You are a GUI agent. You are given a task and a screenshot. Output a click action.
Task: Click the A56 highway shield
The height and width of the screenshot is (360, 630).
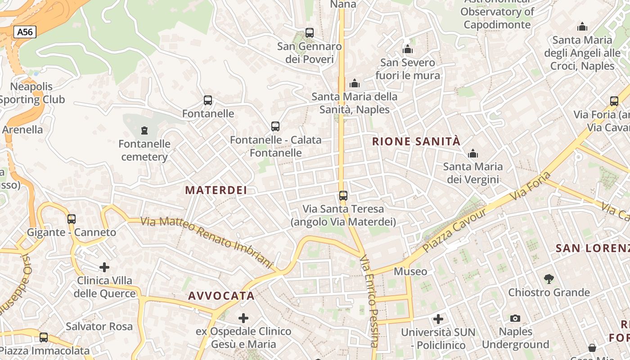coord(25,32)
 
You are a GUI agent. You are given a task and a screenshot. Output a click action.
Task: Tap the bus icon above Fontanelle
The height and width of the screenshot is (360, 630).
coord(207,100)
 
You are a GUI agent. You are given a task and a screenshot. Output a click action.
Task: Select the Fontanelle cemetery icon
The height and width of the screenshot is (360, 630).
coord(144,130)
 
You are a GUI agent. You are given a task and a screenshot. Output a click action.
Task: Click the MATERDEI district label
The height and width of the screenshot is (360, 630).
coord(216,190)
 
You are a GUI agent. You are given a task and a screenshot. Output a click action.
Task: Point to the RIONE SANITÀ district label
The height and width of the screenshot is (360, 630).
coord(416,141)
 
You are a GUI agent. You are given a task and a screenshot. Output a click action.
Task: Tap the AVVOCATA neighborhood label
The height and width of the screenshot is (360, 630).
coord(221,296)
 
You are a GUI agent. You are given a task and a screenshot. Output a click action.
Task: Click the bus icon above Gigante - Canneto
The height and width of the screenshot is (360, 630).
coord(72,219)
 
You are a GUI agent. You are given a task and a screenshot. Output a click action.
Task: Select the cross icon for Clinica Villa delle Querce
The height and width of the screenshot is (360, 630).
coord(104,267)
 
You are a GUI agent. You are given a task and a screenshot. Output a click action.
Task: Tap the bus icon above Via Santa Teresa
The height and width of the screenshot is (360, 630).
coord(343,196)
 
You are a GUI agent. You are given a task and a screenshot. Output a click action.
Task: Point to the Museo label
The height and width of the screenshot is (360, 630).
coord(410,271)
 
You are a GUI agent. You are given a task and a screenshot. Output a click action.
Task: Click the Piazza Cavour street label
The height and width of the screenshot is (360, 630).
coord(454,230)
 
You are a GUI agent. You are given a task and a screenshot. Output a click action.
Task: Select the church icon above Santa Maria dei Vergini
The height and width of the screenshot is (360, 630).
coord(472,154)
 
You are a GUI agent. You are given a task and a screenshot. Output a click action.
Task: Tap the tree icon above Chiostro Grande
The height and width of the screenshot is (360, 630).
coord(549,279)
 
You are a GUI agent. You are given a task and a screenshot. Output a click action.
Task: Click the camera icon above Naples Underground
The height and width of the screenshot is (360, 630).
coord(515,319)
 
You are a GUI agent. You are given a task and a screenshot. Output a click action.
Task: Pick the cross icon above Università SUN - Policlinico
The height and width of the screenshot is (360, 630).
coord(438,319)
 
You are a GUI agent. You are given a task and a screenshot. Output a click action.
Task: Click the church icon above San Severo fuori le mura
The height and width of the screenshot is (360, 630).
coord(408,49)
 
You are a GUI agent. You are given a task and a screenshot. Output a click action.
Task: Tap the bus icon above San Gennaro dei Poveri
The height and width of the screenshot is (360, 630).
coord(310,33)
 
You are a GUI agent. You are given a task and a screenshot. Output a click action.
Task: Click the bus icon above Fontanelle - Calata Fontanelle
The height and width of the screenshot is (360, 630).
coord(275,126)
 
